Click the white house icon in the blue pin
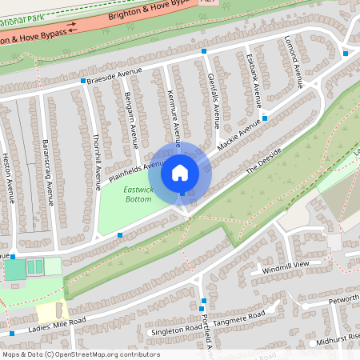(180, 172)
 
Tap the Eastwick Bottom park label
(138, 194)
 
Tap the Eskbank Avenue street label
(254, 81)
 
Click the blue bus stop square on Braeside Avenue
(82, 81)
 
